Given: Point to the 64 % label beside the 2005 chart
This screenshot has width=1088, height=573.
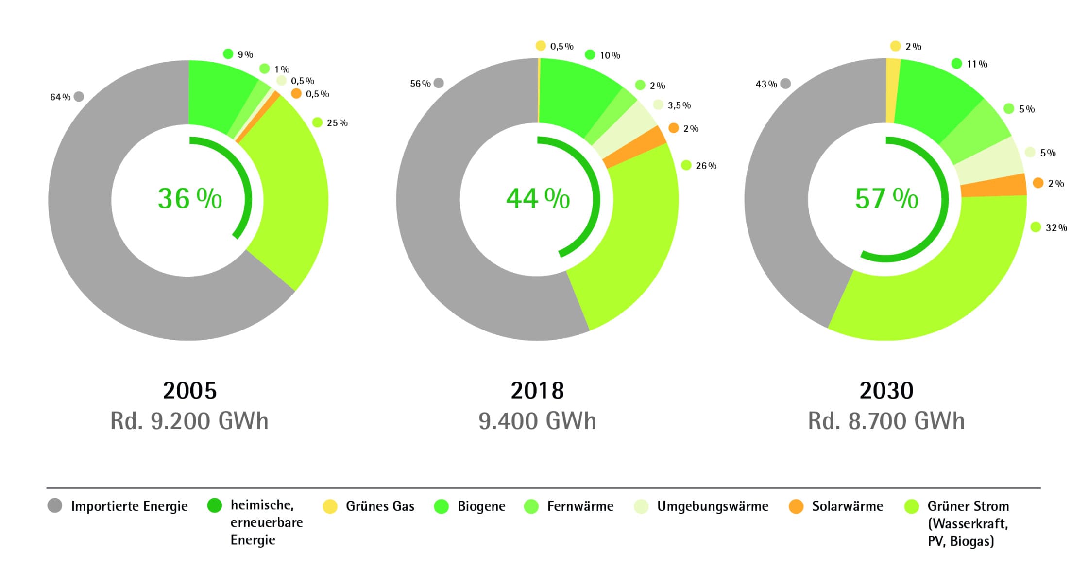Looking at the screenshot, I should (x=61, y=97).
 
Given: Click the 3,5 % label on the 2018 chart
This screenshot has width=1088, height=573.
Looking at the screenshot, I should (x=679, y=105).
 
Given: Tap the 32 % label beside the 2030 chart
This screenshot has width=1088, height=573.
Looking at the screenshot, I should (x=1056, y=227).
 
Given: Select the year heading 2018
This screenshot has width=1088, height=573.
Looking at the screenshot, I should (x=537, y=390).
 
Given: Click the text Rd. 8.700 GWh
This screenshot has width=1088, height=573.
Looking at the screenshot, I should (x=886, y=421).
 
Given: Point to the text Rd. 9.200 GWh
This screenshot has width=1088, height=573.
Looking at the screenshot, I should (x=189, y=421).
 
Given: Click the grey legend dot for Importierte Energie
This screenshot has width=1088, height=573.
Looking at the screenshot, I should (x=55, y=505).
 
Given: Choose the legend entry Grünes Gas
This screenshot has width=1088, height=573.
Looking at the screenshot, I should (x=380, y=506).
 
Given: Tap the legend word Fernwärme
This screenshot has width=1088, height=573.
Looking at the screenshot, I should (x=580, y=506).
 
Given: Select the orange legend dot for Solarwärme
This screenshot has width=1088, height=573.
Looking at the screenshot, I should (x=796, y=506).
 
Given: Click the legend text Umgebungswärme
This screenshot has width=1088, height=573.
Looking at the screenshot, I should (x=713, y=506).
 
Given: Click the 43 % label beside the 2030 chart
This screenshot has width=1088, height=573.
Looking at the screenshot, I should (x=766, y=84).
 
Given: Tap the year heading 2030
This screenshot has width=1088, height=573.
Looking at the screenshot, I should (x=886, y=390).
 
